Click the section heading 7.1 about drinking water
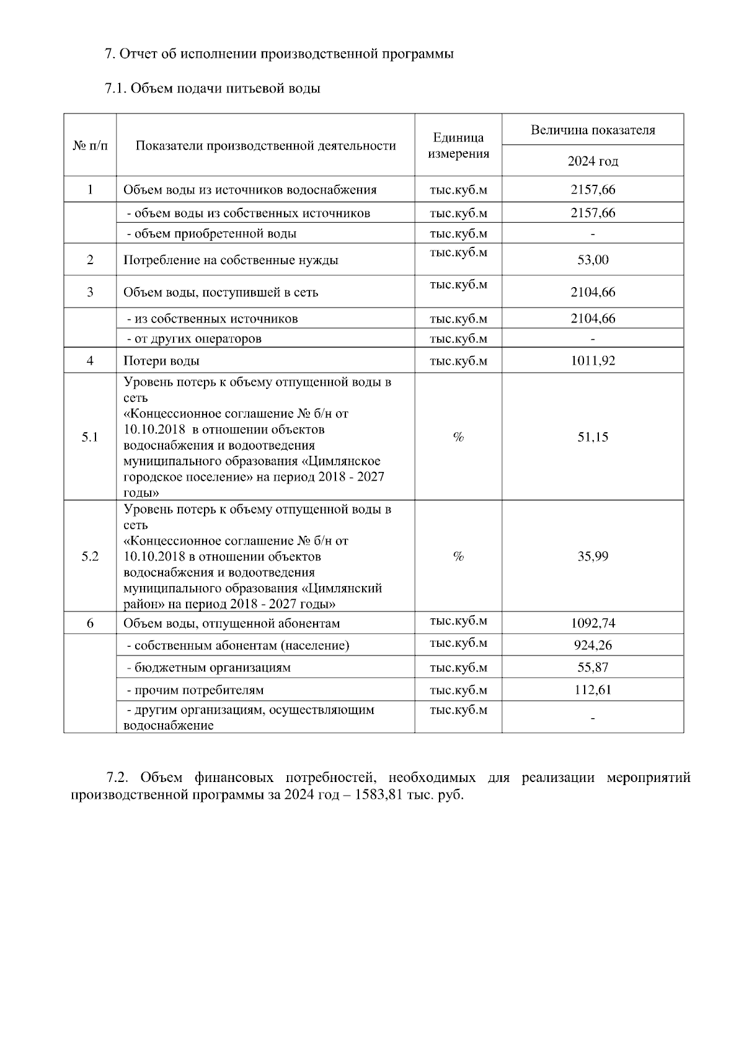(x=212, y=88)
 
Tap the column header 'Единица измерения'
(x=458, y=145)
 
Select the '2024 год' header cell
(x=593, y=161)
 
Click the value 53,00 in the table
(x=593, y=260)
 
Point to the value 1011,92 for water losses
(x=593, y=361)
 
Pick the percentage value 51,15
(x=593, y=437)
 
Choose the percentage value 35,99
(x=593, y=556)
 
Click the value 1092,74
(x=593, y=623)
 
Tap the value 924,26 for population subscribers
(x=593, y=646)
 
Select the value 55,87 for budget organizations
(x=593, y=668)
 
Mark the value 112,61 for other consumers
(x=593, y=690)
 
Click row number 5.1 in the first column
(x=90, y=437)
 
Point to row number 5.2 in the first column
(x=90, y=556)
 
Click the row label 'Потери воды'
(x=161, y=361)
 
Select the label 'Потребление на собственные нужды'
(x=231, y=260)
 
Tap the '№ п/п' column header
(x=90, y=146)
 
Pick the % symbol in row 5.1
(x=458, y=437)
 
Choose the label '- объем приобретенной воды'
(x=211, y=234)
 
